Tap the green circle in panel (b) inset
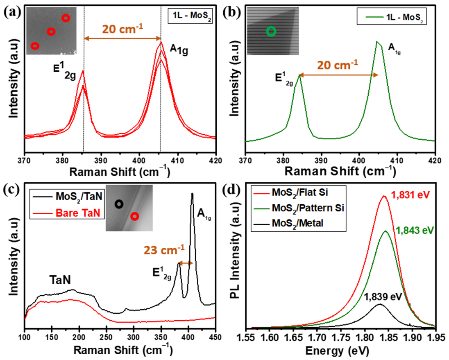(x=271, y=31)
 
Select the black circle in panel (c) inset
(x=119, y=204)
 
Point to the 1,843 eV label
(x=415, y=231)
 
